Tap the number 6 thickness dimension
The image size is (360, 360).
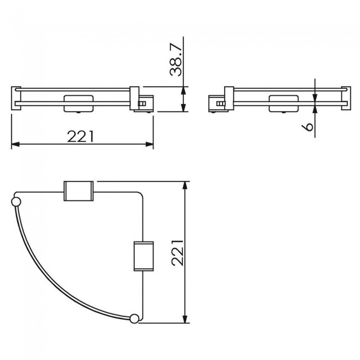(x=309, y=126)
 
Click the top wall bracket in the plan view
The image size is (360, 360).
(x=79, y=192)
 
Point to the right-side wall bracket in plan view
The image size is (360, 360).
(x=142, y=255)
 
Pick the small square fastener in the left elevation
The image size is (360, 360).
(x=142, y=104)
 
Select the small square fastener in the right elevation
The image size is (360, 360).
(x=220, y=104)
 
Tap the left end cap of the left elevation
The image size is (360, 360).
(x=14, y=99)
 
